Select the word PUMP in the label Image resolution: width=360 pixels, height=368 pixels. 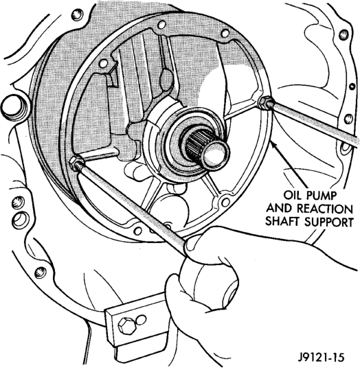(x=322, y=195)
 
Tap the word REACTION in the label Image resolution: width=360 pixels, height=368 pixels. (x=324, y=209)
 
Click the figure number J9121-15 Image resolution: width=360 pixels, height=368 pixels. (x=321, y=358)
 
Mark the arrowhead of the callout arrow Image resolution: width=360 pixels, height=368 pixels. (x=272, y=144)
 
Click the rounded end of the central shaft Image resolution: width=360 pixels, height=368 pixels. (x=216, y=155)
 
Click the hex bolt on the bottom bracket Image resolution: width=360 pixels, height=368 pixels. (x=127, y=325)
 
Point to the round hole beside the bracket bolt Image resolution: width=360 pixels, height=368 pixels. (x=141, y=319)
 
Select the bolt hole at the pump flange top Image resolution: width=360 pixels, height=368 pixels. (x=161, y=24)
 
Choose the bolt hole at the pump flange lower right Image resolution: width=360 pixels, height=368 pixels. (x=225, y=201)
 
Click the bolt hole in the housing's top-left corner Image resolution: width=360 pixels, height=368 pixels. (x=76, y=14)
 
